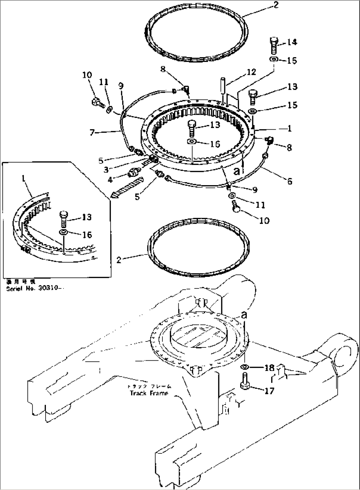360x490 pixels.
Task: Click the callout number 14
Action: (x=292, y=42)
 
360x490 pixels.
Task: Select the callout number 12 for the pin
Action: (x=251, y=72)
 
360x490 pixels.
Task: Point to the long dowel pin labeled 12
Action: (x=223, y=86)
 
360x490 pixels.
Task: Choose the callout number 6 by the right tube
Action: (x=290, y=181)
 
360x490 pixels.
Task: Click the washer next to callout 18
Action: (x=245, y=367)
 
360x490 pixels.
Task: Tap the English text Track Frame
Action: (x=149, y=393)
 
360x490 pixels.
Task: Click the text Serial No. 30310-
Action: (x=35, y=288)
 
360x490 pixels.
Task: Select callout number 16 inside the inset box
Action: (x=87, y=235)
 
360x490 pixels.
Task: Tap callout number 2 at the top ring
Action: (x=276, y=5)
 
